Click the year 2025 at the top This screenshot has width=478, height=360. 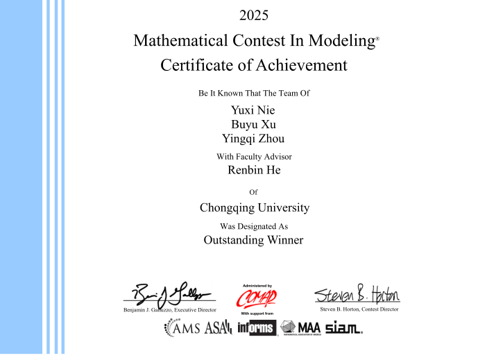[x=253, y=15]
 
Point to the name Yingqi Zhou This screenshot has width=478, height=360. [x=253, y=138]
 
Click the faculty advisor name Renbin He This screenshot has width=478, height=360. [x=254, y=169]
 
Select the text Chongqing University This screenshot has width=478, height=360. [x=254, y=207]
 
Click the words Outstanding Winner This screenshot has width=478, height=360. [x=253, y=240]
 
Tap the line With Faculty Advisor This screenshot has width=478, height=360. [x=254, y=156]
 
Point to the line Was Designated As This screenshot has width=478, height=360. [x=253, y=226]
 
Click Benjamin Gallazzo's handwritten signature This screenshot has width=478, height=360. [x=170, y=292]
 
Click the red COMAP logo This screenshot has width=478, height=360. [x=257, y=298]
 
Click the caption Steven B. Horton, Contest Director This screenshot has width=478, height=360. [x=359, y=309]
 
